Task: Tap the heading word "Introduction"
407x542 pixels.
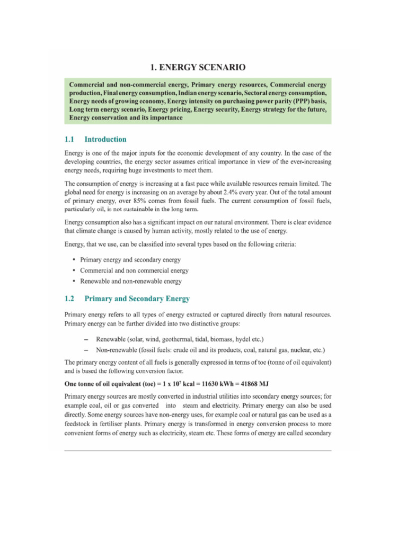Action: (x=105, y=140)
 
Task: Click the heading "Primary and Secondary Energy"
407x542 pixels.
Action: (x=137, y=299)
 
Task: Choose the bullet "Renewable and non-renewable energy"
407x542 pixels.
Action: (x=130, y=281)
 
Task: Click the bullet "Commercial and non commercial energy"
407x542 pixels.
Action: (x=134, y=270)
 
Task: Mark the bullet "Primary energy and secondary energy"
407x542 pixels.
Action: (x=130, y=260)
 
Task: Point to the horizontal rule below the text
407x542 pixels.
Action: (x=198, y=450)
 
